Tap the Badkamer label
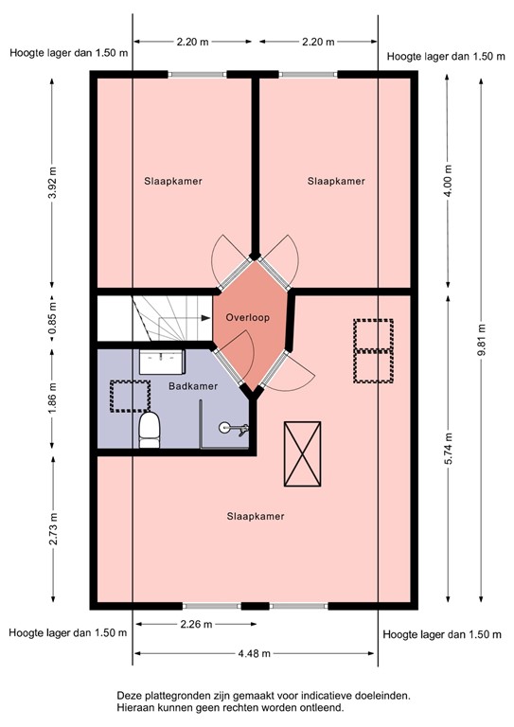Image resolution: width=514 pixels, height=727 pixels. pyautogui.click(x=193, y=386)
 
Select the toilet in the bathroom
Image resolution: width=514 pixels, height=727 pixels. pyautogui.click(x=150, y=432)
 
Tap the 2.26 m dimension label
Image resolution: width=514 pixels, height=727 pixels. pyautogui.click(x=193, y=624)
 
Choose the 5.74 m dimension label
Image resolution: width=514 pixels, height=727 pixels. pyautogui.click(x=448, y=448)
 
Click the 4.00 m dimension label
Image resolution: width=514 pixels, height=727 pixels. pyautogui.click(x=448, y=180)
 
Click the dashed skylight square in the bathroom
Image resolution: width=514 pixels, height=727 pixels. pyautogui.click(x=130, y=395)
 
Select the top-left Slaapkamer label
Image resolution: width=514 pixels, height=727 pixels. pyautogui.click(x=173, y=181)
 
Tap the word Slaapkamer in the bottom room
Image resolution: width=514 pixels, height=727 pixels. pyautogui.click(x=256, y=516)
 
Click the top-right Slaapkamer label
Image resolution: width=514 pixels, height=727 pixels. pyautogui.click(x=336, y=181)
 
